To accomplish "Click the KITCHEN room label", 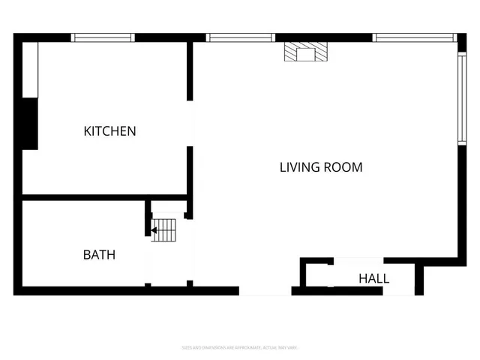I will click(x=109, y=131).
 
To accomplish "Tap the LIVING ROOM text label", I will click(x=321, y=167).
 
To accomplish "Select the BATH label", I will click(x=99, y=255).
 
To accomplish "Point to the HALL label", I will click(x=373, y=279).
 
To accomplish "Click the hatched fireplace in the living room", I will click(x=306, y=52).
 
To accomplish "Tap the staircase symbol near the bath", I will click(x=164, y=229).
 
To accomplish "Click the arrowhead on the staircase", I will click(x=154, y=230).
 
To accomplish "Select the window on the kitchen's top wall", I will click(x=103, y=37).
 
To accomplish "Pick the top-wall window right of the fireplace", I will click(x=414, y=37).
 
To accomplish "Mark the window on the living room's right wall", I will click(x=461, y=94).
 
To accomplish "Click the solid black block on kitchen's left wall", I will click(x=29, y=124).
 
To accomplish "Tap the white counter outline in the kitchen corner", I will click(x=30, y=69).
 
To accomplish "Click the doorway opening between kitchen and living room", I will click(x=190, y=124).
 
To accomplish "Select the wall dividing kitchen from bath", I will click(x=82, y=197).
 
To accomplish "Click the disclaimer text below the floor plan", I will click(x=240, y=347).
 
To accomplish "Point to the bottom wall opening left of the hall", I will click(x=265, y=290).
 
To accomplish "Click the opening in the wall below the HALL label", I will click(x=397, y=290).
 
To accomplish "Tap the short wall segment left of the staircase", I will click(x=148, y=224).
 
